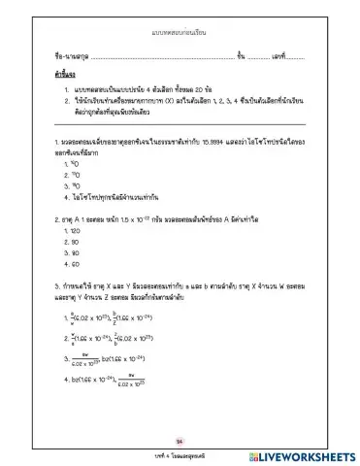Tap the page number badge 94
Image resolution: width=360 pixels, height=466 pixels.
(x=179, y=437)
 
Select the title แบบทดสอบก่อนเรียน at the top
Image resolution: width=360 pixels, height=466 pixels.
(x=180, y=33)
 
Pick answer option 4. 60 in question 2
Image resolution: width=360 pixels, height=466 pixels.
(x=70, y=263)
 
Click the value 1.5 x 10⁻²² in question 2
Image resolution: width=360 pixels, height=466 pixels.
(x=155, y=219)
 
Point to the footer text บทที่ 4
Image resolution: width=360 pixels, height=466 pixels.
(x=155, y=453)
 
